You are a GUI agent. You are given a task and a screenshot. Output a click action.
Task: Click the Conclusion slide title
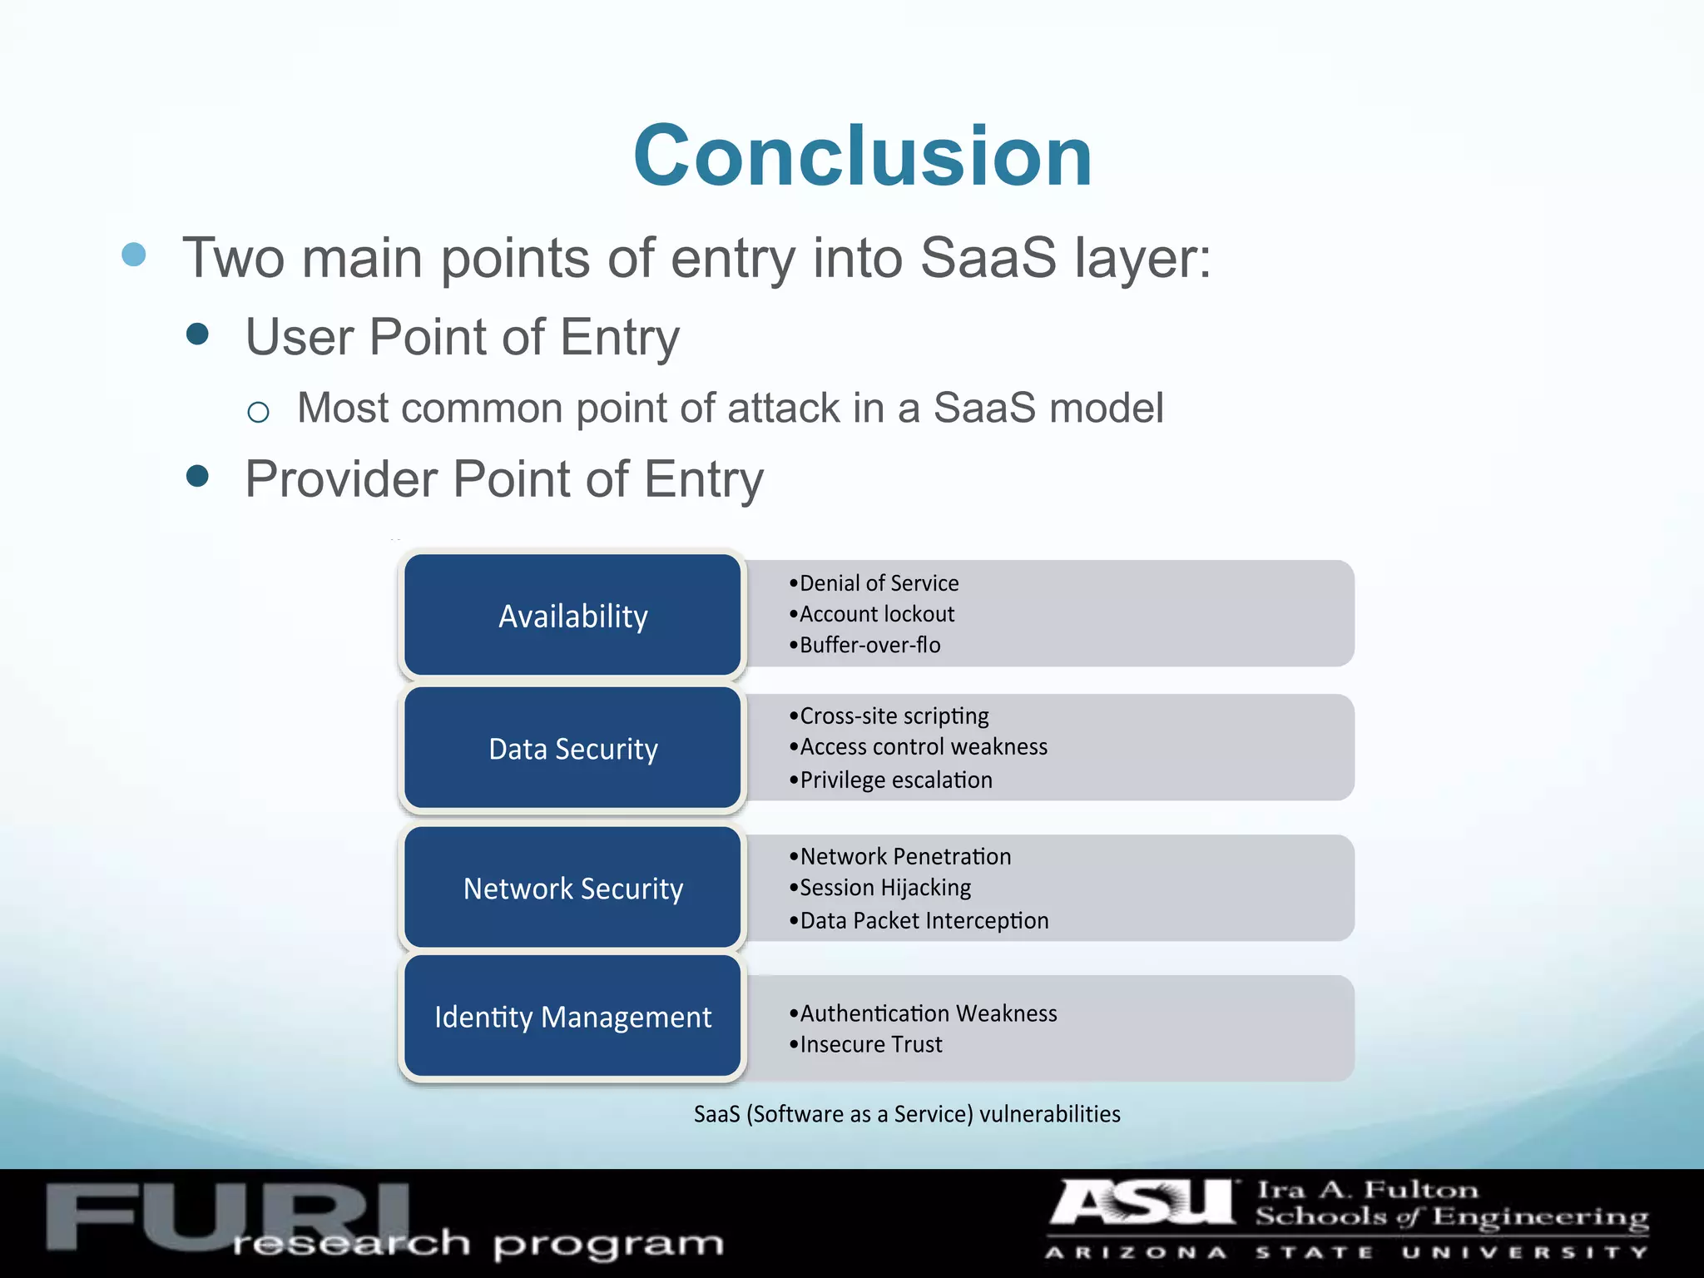pos(862,156)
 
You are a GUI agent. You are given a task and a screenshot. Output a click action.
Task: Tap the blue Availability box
pos(572,616)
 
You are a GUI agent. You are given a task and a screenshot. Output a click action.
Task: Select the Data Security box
pos(572,749)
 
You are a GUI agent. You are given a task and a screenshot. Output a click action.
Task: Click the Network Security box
pos(572,889)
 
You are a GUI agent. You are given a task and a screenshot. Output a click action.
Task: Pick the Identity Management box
pos(572,1017)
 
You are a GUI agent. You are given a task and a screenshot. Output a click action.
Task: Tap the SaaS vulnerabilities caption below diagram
pos(907,1114)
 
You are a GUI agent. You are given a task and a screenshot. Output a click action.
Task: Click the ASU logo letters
pos(1142,1204)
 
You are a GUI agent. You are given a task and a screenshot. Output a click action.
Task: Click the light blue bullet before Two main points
pos(134,255)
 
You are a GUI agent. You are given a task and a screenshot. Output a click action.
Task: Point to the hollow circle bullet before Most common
pos(259,412)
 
